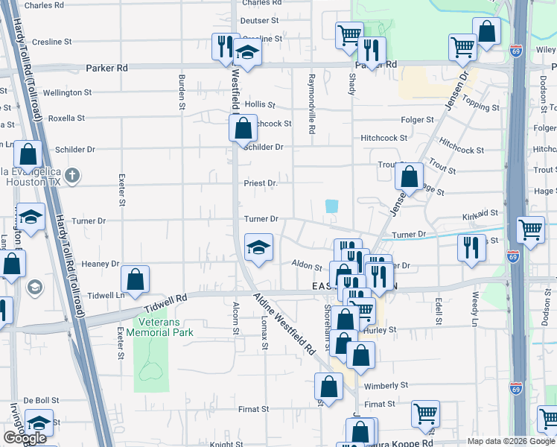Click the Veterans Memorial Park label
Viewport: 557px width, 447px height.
point(163,327)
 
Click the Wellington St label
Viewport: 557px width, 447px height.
point(67,93)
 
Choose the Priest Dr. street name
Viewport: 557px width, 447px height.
point(261,183)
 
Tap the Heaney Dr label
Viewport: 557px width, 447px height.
point(101,264)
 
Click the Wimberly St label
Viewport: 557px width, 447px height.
point(387,387)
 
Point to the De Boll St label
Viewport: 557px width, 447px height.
point(41,400)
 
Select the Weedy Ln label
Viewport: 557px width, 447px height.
point(475,307)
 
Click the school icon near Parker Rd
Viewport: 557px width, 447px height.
point(247,53)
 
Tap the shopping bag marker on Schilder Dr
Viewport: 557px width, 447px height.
point(243,128)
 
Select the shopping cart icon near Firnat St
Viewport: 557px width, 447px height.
point(425,413)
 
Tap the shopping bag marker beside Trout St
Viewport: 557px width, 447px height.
point(409,177)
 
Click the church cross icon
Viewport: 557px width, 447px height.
point(71,176)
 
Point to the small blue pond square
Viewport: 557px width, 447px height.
point(331,206)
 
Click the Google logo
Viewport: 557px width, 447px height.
point(25,438)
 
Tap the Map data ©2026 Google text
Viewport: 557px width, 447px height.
point(511,441)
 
